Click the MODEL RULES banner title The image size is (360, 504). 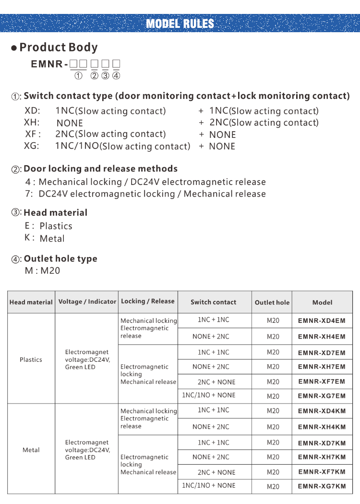pyautogui.click(x=180, y=24)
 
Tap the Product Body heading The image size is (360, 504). pyautogui.click(x=58, y=47)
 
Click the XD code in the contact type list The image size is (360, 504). pyautogui.click(x=32, y=111)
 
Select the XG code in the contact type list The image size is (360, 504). pyautogui.click(x=32, y=146)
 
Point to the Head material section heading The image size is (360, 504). pyautogui.click(x=55, y=212)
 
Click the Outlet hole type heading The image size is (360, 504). pyautogui.click(x=60, y=258)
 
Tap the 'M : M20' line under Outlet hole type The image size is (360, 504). pyautogui.click(x=42, y=270)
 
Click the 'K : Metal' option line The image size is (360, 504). pyautogui.click(x=45, y=238)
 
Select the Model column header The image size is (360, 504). pyautogui.click(x=322, y=302)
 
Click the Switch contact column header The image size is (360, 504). pyautogui.click(x=213, y=302)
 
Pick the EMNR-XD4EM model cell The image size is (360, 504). pyautogui.click(x=322, y=320)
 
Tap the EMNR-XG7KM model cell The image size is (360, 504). pyautogui.click(x=322, y=486)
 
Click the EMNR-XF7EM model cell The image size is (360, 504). pyautogui.click(x=322, y=381)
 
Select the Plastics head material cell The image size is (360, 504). pyautogui.click(x=31, y=359)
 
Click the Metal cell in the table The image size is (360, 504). pyautogui.click(x=31, y=450)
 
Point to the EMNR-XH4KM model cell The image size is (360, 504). pyautogui.click(x=322, y=427)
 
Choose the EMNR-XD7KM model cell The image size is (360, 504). pyautogui.click(x=322, y=443)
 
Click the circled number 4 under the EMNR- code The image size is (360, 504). pyautogui.click(x=116, y=75)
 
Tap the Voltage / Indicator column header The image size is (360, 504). pyautogui.click(x=87, y=302)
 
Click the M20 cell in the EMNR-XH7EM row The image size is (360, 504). pyautogui.click(x=273, y=367)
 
